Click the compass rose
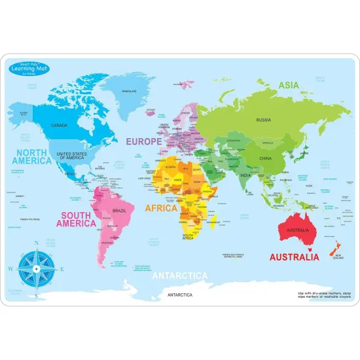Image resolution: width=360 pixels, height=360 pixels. pos(37,268)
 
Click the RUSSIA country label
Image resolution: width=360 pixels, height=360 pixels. pos(263,120)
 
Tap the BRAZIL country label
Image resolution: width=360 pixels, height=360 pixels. pos(119,211)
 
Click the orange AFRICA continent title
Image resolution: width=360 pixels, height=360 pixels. pos(160,208)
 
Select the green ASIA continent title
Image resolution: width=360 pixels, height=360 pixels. pos(288,85)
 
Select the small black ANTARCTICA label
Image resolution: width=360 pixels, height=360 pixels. pos(181,295)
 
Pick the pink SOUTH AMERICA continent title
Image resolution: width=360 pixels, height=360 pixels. pos(77,219)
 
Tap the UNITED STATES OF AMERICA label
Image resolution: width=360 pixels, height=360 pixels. pos(72,155)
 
